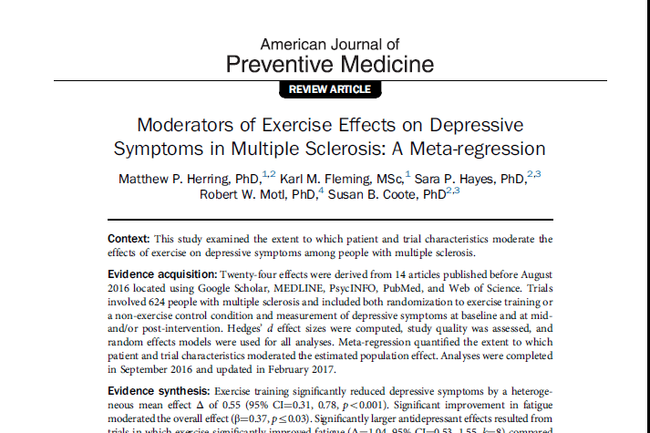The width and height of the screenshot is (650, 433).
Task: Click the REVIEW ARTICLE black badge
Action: tap(329, 89)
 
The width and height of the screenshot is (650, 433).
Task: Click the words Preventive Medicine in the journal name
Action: tap(329, 65)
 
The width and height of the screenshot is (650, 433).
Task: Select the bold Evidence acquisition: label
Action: tap(160, 274)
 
